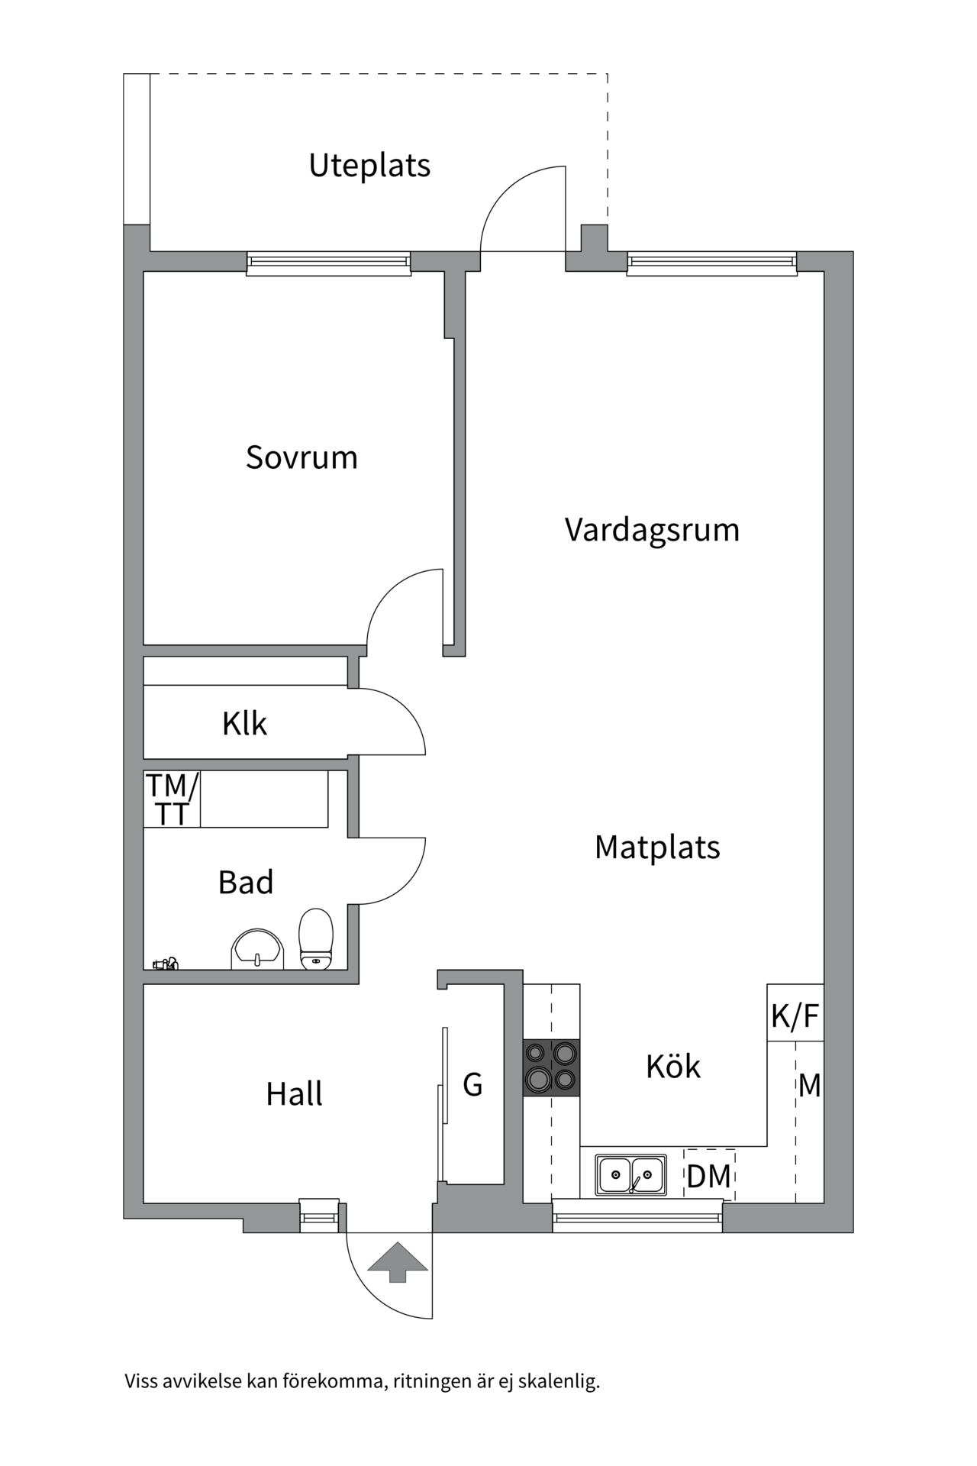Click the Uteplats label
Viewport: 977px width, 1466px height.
click(369, 166)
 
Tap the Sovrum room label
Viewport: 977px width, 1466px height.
click(301, 457)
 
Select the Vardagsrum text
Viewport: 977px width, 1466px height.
click(652, 530)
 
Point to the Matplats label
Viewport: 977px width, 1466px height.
click(657, 848)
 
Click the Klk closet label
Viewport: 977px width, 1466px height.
click(244, 724)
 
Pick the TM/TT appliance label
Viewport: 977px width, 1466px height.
click(173, 799)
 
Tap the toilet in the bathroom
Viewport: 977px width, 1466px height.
click(316, 938)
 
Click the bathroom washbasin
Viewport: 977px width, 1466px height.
click(257, 950)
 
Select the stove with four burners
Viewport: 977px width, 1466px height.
click(551, 1067)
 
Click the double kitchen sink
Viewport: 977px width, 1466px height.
click(630, 1174)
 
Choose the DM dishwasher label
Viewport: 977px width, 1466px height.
click(708, 1177)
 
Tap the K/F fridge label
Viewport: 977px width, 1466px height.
click(795, 1016)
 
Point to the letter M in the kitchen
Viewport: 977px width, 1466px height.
click(809, 1085)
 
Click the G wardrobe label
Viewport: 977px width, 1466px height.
click(472, 1085)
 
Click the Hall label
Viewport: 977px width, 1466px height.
click(294, 1094)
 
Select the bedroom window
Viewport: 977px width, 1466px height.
click(328, 263)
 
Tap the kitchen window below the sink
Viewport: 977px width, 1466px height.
click(637, 1215)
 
